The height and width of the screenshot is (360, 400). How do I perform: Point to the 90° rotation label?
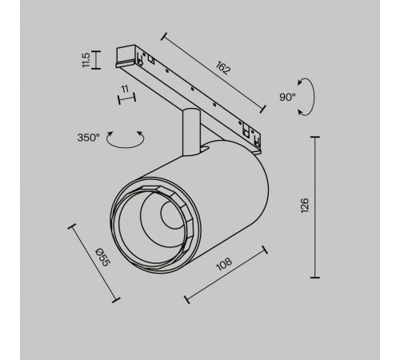pyautogui.click(x=287, y=97)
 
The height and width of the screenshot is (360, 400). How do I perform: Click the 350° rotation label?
pyautogui.click(x=89, y=138)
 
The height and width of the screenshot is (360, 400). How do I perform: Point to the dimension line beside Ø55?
pyautogui.click(x=94, y=262)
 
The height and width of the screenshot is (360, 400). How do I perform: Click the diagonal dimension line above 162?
pyautogui.click(x=214, y=72)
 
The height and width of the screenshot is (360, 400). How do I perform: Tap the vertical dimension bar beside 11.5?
pyautogui.click(x=94, y=59)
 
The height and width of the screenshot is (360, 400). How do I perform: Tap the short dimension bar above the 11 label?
pyautogui.click(x=124, y=99)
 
